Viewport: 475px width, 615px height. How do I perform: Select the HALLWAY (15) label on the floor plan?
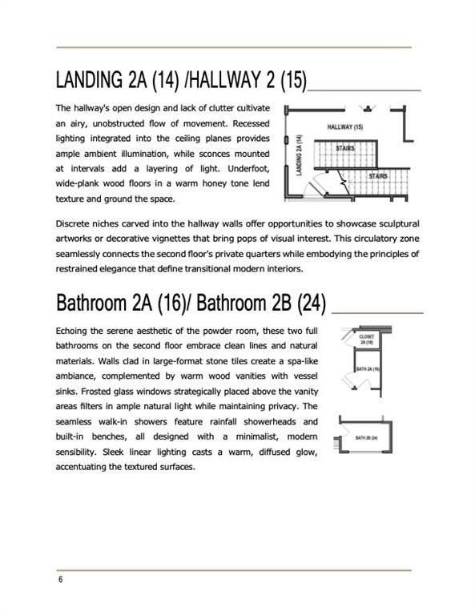345,127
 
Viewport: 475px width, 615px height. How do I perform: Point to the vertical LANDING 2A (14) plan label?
298,155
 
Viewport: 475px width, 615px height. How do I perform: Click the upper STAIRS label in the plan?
345,148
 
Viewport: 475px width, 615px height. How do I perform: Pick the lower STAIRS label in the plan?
380,175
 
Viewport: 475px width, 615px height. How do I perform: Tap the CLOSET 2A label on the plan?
368,340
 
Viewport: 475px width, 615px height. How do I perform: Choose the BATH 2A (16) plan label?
367,369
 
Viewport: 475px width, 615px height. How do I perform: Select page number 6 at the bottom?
60,579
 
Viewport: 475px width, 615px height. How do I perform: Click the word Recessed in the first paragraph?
248,123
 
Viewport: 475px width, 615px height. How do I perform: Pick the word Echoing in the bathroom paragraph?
74,330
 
